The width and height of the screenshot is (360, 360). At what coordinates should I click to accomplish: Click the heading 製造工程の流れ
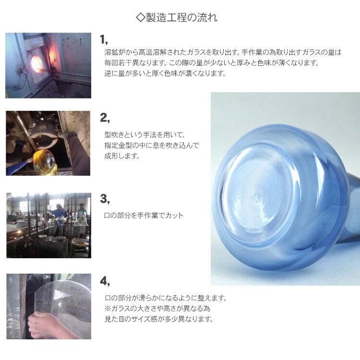(x=181, y=18)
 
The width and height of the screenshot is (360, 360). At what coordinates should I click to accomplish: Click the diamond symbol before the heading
(x=141, y=18)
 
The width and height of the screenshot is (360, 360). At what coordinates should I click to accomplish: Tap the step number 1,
(x=104, y=39)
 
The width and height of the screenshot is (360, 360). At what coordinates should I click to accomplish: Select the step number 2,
(x=105, y=118)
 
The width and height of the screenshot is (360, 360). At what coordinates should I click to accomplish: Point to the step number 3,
(x=105, y=199)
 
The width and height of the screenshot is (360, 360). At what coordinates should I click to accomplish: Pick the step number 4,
(x=105, y=281)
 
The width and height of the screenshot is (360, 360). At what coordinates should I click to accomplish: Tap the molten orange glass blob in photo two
(x=45, y=162)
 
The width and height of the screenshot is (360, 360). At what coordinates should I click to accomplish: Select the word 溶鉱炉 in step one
(x=115, y=52)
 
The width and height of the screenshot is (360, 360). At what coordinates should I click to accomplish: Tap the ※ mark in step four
(x=108, y=308)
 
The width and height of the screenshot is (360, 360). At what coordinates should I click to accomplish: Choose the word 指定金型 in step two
(x=118, y=145)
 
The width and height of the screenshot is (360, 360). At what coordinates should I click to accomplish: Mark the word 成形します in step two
(x=122, y=156)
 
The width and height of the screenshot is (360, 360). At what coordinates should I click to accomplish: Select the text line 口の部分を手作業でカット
(x=144, y=216)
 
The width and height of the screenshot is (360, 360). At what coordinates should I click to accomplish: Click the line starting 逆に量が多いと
(x=165, y=73)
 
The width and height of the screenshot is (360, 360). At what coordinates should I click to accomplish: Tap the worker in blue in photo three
(x=59, y=212)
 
